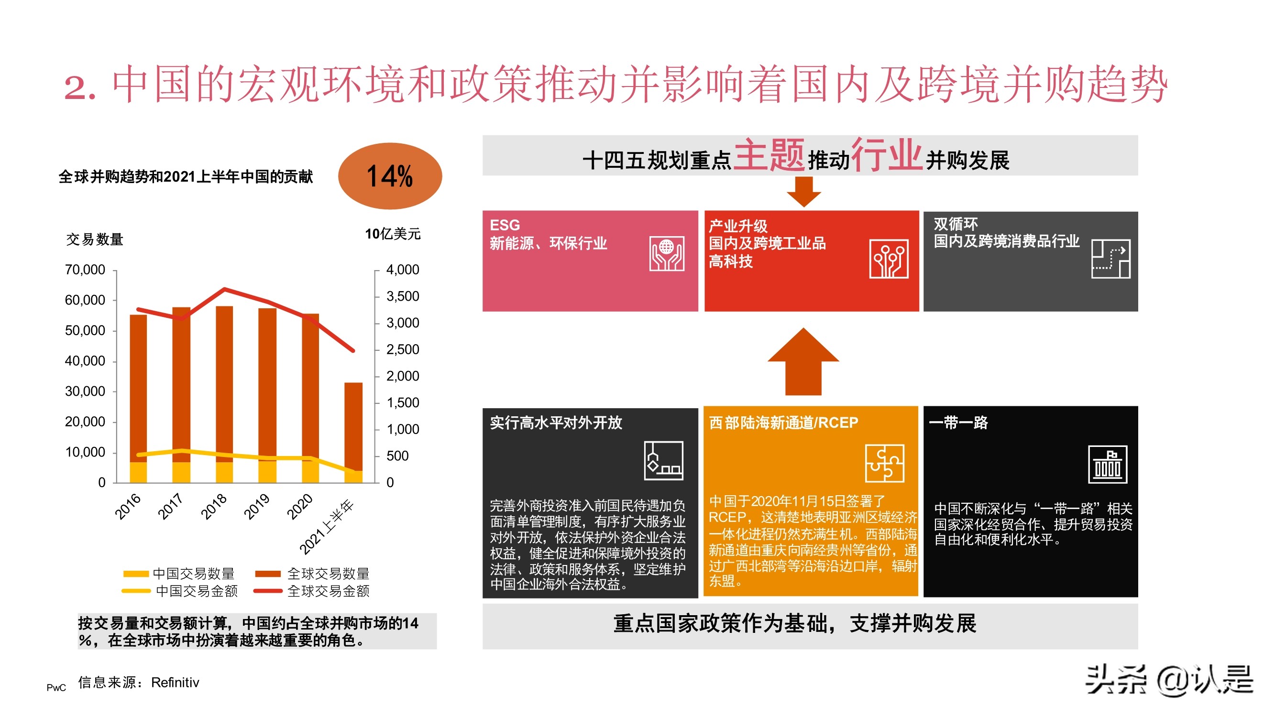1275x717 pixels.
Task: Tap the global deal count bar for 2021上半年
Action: pos(353,425)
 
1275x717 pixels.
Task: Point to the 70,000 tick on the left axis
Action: pos(85,270)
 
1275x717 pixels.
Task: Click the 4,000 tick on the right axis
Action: pos(402,270)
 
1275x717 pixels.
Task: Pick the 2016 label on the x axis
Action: pos(128,506)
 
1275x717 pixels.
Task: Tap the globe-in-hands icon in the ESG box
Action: pos(667,254)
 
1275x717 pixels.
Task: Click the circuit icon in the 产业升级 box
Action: pos(889,259)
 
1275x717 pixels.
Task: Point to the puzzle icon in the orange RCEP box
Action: pos(884,463)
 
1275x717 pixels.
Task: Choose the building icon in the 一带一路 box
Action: pos(1107,464)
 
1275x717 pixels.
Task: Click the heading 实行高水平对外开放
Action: pos(556,423)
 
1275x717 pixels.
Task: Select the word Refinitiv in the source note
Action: pos(175,683)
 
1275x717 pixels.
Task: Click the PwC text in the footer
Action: pos(56,687)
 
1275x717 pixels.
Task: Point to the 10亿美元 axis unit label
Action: pos(393,234)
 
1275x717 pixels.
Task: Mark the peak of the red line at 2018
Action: pos(225,289)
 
